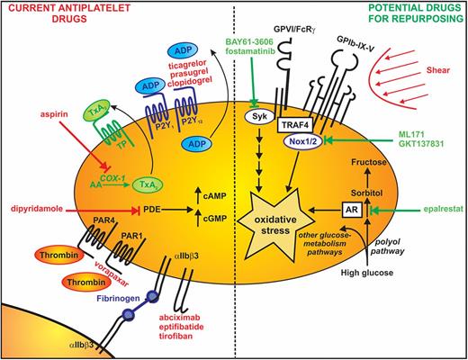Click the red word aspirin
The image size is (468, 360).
click(54, 114)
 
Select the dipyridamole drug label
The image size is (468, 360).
click(37, 209)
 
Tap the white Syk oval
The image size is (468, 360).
click(260, 117)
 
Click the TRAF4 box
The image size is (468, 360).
click(294, 124)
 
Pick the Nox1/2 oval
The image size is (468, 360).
click(303, 141)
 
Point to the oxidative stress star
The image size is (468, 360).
click(275, 224)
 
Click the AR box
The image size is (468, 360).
click(352, 209)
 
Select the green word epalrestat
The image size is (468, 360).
click(445, 209)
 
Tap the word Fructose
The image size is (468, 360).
click(369, 162)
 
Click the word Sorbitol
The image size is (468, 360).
click(366, 193)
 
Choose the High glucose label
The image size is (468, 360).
click(367, 273)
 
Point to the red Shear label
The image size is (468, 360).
click(438, 70)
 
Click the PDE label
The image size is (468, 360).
click(152, 209)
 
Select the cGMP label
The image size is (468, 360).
click(214, 219)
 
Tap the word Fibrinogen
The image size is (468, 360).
click(118, 298)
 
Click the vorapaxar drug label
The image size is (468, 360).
click(112, 274)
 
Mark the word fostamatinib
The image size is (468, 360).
click(250, 51)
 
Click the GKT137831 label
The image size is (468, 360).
click(421, 144)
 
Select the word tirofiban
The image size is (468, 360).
click(175, 336)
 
